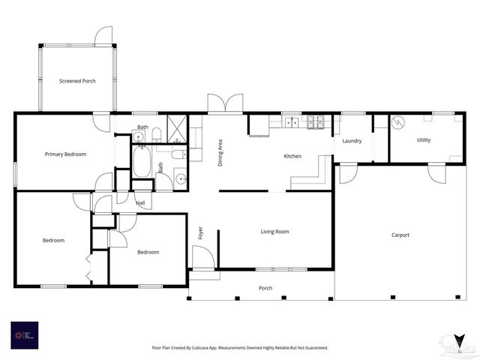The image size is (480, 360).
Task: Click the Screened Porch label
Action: [x=77, y=80]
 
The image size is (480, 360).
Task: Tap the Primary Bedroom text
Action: [x=65, y=154]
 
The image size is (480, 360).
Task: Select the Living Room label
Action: [x=274, y=232]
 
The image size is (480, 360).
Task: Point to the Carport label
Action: [x=400, y=235]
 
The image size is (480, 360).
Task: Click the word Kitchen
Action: [x=292, y=156]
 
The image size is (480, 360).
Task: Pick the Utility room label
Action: [x=424, y=140]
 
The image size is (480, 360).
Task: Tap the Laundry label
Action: [x=352, y=141]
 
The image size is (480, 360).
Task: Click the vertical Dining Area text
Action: [x=220, y=152]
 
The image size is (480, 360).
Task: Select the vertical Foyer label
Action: [x=200, y=232]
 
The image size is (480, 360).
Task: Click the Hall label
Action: [x=140, y=202]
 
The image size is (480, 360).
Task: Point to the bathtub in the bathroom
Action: [x=142, y=161]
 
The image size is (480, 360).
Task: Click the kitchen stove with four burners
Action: [x=316, y=121]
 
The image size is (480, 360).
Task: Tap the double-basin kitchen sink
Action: [x=292, y=122]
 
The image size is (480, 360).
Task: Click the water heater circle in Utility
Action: [x=399, y=121]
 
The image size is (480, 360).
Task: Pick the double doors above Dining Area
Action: [x=225, y=104]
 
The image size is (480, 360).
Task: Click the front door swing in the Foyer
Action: [x=202, y=257]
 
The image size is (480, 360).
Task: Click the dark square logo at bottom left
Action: [x=24, y=335]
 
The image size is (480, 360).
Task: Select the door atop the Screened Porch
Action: [x=103, y=35]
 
